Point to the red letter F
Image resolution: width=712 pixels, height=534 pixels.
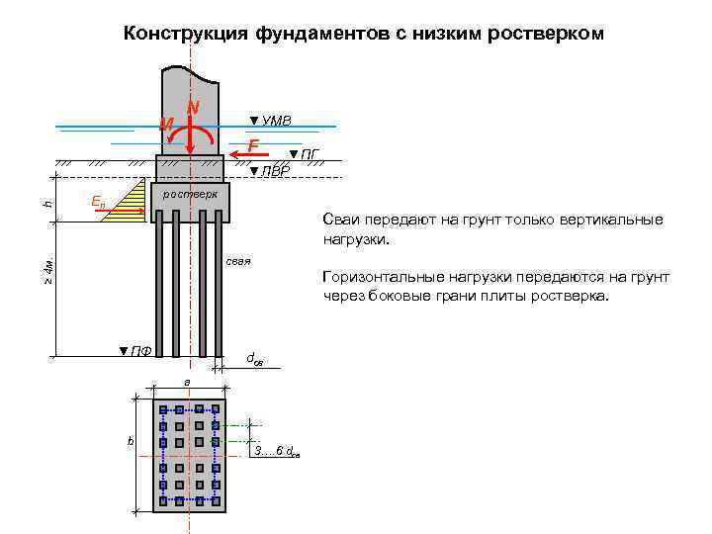[254, 146]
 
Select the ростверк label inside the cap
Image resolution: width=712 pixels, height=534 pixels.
[190, 194]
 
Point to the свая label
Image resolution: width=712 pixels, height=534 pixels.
[238, 262]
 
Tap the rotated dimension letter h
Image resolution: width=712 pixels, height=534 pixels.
[47, 204]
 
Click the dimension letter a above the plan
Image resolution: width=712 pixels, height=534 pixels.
[185, 383]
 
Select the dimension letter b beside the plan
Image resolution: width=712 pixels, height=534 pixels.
[130, 440]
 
